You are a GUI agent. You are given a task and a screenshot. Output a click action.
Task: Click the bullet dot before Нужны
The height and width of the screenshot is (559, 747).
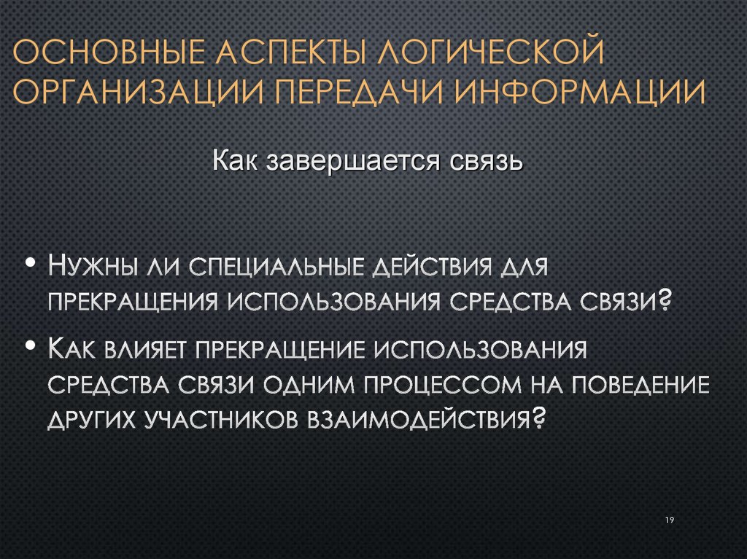31,262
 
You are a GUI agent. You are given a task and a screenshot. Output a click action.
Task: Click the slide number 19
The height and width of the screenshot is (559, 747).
669,519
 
